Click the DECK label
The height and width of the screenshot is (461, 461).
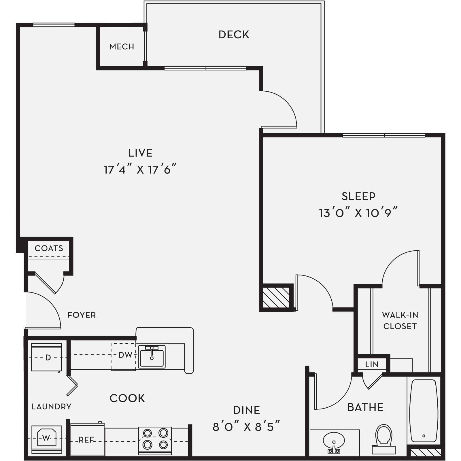tap(234, 35)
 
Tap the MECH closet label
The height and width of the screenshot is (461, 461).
tap(122, 47)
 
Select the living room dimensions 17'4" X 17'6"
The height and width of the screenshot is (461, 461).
tap(140, 170)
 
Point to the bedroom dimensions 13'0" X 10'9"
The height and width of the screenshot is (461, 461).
tap(358, 213)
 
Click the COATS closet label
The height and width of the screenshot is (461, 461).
tap(49, 248)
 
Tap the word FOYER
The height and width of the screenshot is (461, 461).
tap(82, 315)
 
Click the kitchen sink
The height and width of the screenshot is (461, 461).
tap(152, 357)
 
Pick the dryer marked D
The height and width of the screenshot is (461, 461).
tap(47, 357)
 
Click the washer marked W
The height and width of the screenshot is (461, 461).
tap(46, 438)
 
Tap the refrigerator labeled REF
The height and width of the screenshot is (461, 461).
tap(87, 440)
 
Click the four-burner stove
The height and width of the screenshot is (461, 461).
tap(155, 439)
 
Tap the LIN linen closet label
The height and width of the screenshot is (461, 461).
tap(372, 364)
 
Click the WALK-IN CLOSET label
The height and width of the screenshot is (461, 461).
tap(400, 320)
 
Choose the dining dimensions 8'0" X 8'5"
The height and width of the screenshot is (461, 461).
tap(246, 427)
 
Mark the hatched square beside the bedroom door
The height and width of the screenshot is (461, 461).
tap(276, 297)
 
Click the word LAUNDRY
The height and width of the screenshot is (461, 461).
tap(51, 407)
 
